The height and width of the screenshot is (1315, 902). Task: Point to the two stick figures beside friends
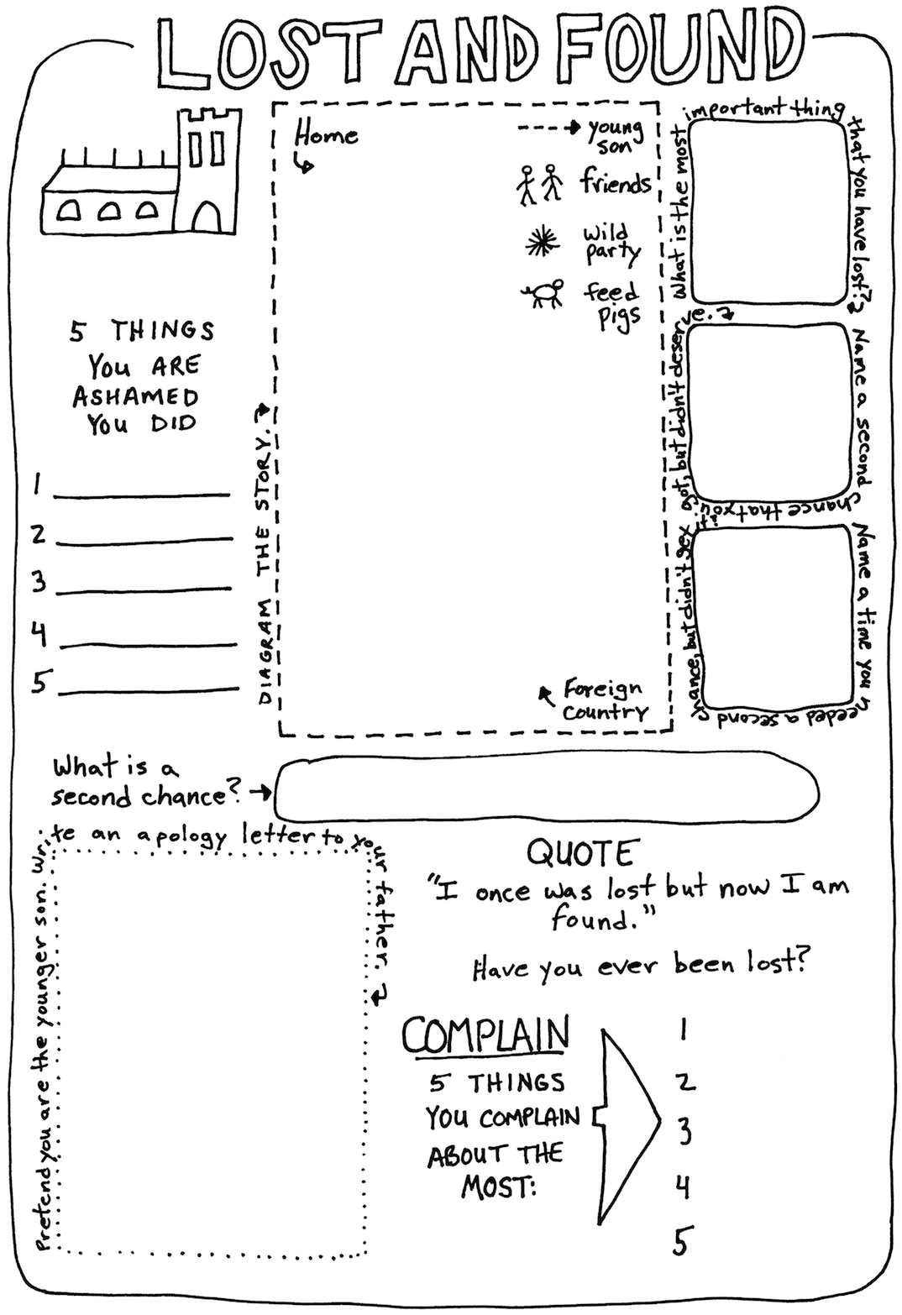539,185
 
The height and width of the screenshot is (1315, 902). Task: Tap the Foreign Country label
605,700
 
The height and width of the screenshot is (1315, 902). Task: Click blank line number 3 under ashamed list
144,590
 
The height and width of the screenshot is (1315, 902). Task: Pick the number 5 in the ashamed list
39,682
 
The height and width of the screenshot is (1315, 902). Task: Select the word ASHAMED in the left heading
136,397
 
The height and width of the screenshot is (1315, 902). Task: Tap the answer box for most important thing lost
768,212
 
